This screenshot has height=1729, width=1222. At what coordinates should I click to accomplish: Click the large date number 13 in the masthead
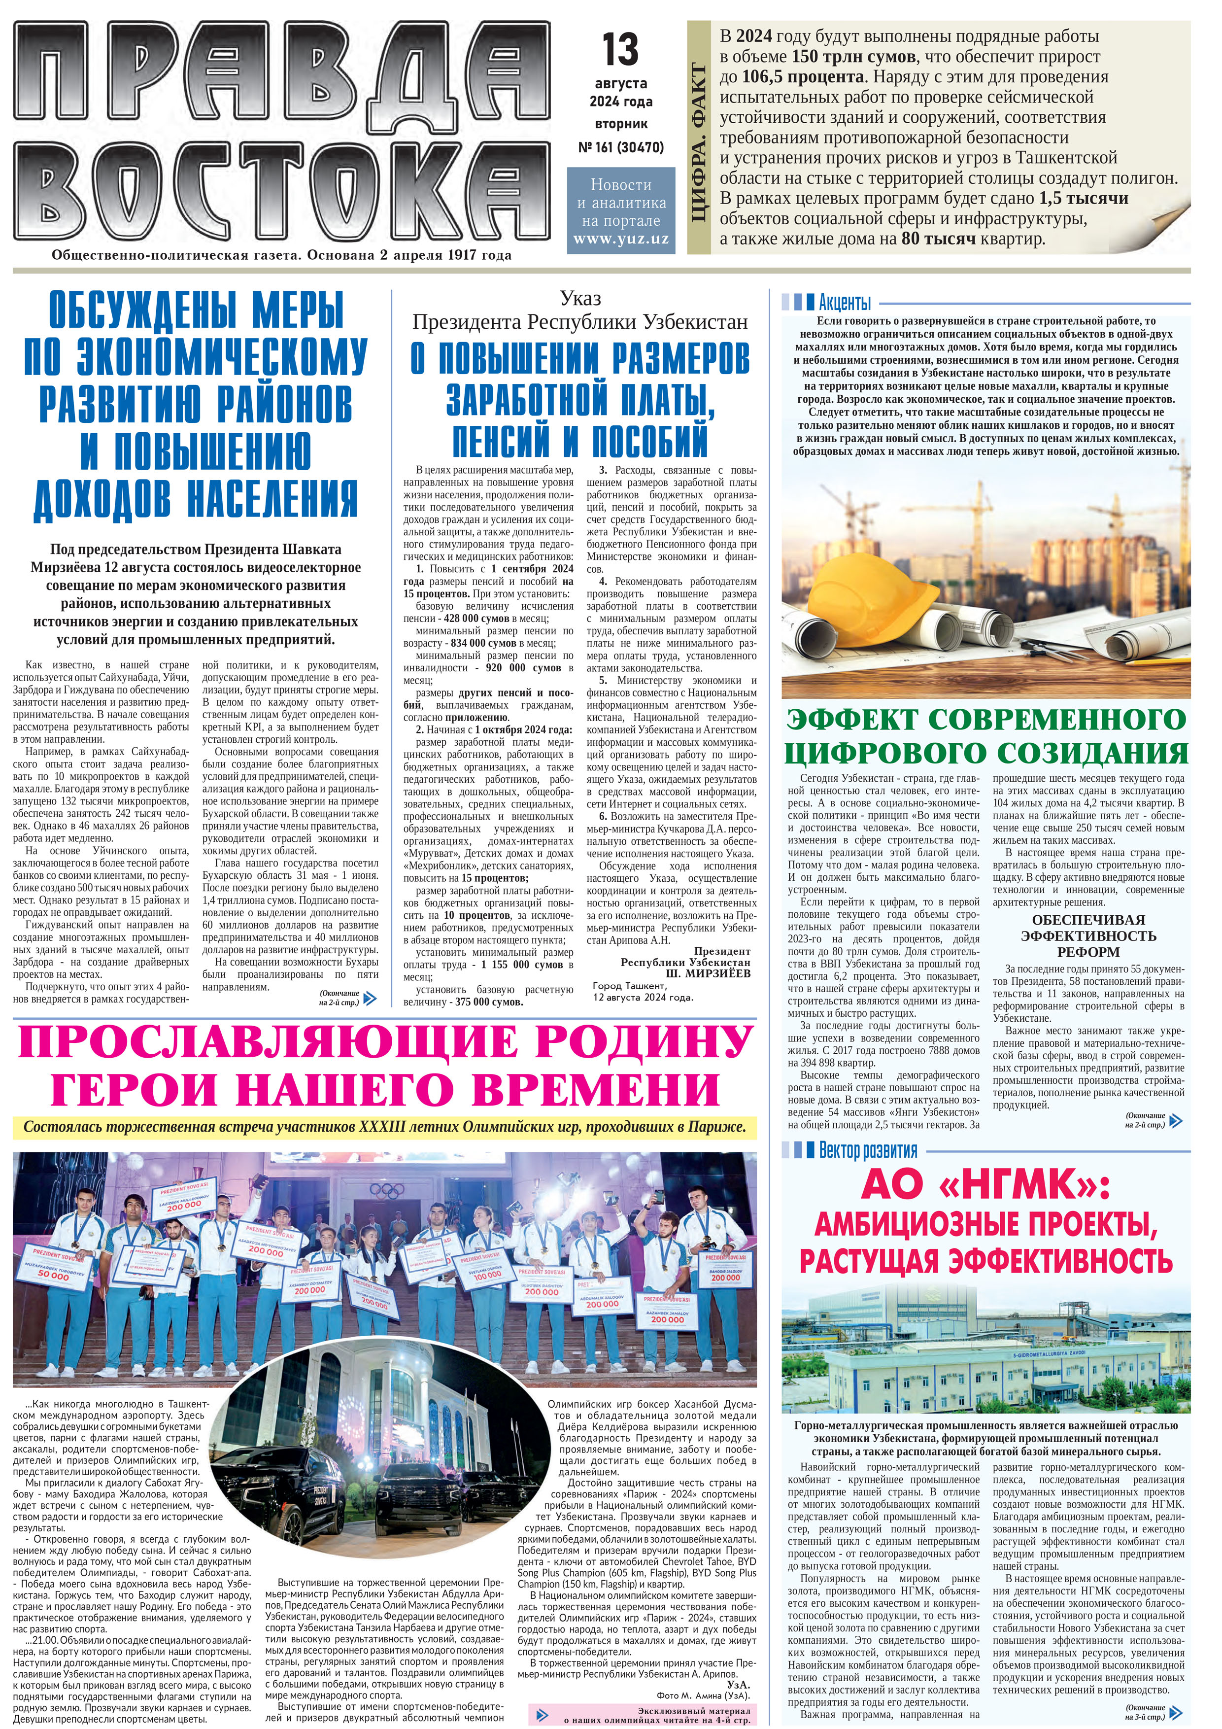(620, 50)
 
